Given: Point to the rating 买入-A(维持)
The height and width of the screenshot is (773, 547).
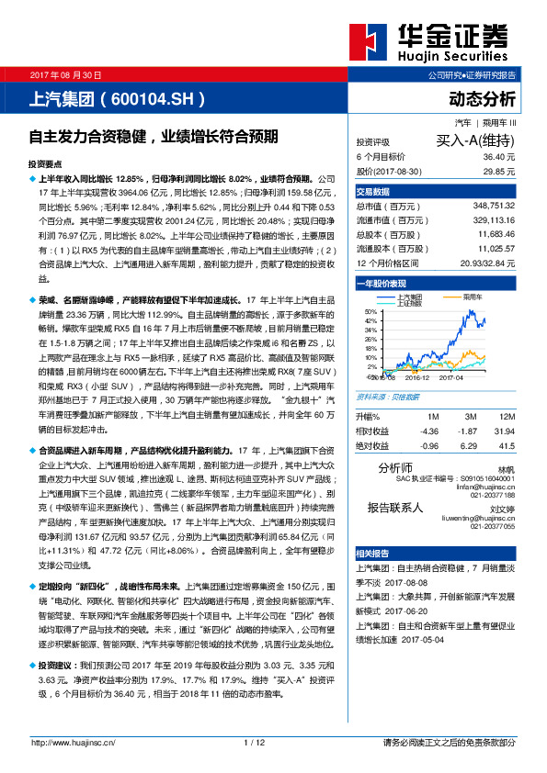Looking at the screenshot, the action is tap(475, 141).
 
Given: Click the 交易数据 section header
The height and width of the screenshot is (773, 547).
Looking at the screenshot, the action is tap(373, 191).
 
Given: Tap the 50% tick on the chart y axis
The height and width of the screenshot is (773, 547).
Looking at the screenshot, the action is tap(370, 312).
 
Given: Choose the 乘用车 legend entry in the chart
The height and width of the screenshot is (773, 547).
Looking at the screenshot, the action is tap(473, 298).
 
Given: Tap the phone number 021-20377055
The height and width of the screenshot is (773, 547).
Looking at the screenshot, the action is tap(492, 526).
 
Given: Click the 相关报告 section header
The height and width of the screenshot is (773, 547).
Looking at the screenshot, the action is tap(373, 554).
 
